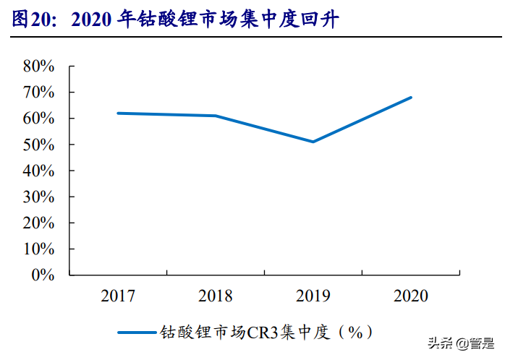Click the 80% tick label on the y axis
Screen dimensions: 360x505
pos(39,67)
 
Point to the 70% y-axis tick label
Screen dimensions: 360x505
pos(39,93)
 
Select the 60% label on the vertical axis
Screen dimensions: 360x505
pos(39,119)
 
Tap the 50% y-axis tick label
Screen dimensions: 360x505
pos(39,145)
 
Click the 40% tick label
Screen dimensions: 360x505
pos(39,171)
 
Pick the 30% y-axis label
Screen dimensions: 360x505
pos(39,197)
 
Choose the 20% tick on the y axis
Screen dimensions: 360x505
pos(39,223)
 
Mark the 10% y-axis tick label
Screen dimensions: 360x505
pos(39,249)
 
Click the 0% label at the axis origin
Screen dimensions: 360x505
pos(43,275)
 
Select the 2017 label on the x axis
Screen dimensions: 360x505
pos(118,296)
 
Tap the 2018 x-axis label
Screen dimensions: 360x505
pos(216,296)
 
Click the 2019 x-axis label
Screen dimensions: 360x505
pos(313,296)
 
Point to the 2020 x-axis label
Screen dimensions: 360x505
pos(411,296)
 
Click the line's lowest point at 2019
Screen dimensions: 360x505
pos(313,142)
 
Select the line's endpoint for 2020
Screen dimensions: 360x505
pos(411,97)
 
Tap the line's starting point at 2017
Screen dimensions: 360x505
pos(118,113)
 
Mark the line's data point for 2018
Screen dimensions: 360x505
pos(216,116)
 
